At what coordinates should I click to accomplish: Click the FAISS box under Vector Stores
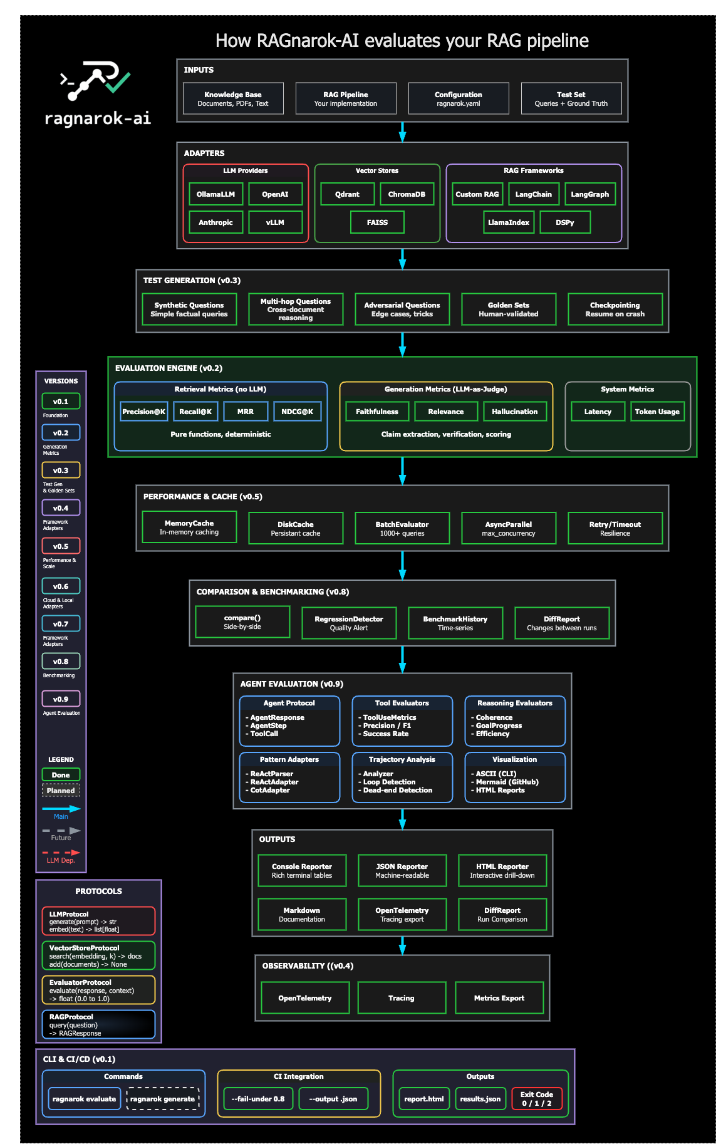coord(377,222)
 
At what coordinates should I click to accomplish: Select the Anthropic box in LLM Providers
coord(215,222)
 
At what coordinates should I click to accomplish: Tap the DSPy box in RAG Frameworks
coord(564,222)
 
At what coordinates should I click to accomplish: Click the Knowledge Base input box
coord(233,99)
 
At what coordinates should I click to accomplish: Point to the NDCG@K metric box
coord(297,412)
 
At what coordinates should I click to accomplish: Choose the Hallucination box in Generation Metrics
coord(514,412)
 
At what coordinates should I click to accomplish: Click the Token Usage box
coord(656,412)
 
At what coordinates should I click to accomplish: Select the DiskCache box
coord(296,528)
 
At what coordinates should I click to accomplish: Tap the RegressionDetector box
coord(349,623)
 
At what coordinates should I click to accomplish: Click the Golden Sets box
coord(509,309)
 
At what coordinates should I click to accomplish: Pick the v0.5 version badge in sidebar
coord(61,546)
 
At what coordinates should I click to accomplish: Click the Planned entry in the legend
coord(61,791)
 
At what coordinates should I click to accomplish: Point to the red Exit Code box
coord(537,1099)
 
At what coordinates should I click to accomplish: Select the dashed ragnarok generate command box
coord(163,1099)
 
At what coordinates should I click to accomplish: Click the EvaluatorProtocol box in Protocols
coord(98,990)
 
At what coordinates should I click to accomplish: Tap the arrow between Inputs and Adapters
coord(402,132)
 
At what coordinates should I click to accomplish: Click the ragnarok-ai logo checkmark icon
coord(118,81)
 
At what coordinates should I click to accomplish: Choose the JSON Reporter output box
coord(402,870)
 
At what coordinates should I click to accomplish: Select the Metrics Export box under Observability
coord(499,998)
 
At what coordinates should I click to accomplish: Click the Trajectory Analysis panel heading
coord(402,759)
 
